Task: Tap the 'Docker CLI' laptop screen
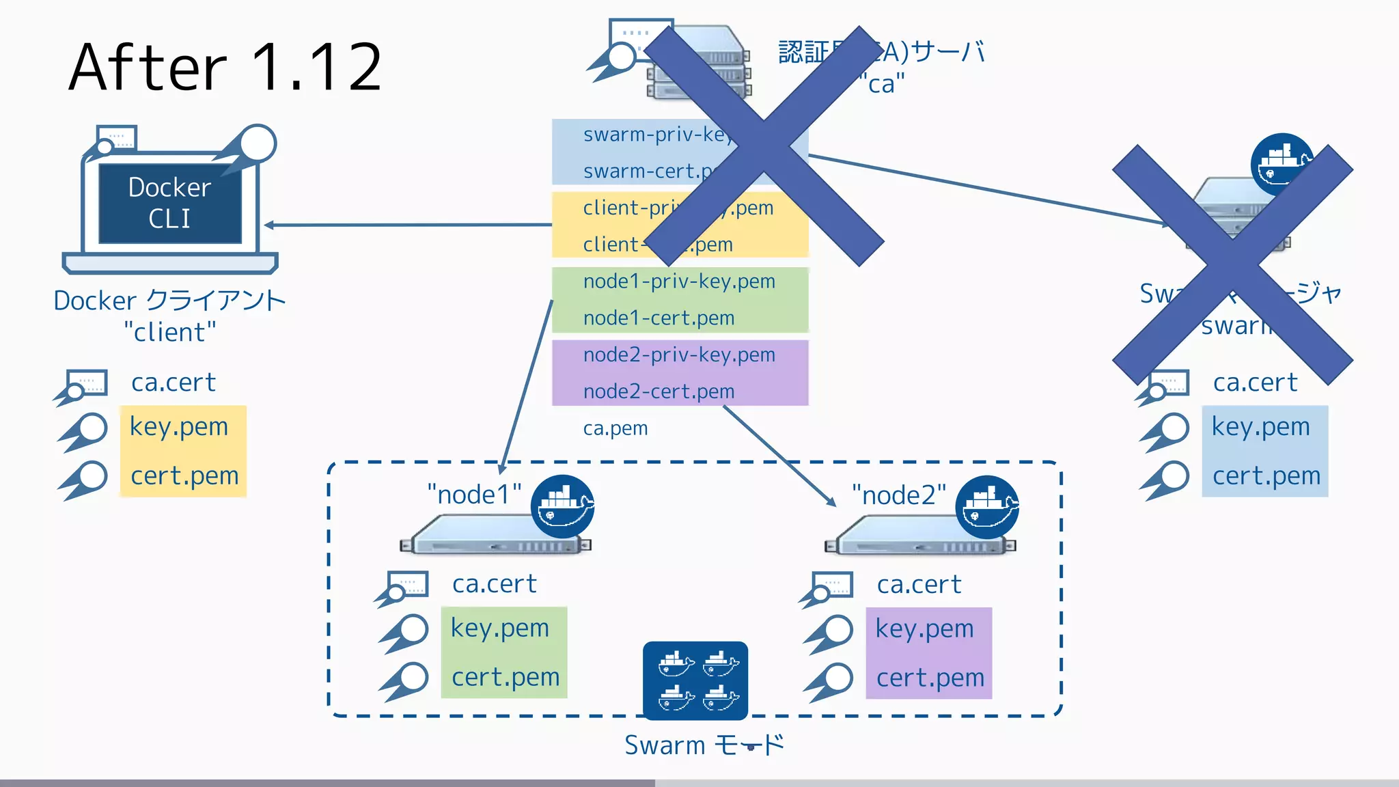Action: point(170,203)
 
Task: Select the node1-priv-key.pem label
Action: point(679,281)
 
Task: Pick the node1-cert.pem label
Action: point(659,318)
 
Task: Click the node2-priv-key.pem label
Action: point(679,355)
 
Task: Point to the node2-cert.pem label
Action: point(659,392)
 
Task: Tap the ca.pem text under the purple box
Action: point(615,428)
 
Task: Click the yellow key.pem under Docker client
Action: point(179,427)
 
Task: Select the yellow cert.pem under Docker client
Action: point(184,476)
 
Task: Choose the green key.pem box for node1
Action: point(500,628)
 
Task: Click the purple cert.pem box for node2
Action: point(930,678)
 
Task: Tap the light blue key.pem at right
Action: point(1261,427)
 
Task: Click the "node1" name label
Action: point(474,495)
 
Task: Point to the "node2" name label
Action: point(899,495)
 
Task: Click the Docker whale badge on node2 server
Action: point(987,507)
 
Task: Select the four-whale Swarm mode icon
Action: point(695,680)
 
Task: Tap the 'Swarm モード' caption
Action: point(704,745)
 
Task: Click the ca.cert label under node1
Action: point(495,584)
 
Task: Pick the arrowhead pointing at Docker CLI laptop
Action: point(269,225)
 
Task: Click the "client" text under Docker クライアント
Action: point(170,333)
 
